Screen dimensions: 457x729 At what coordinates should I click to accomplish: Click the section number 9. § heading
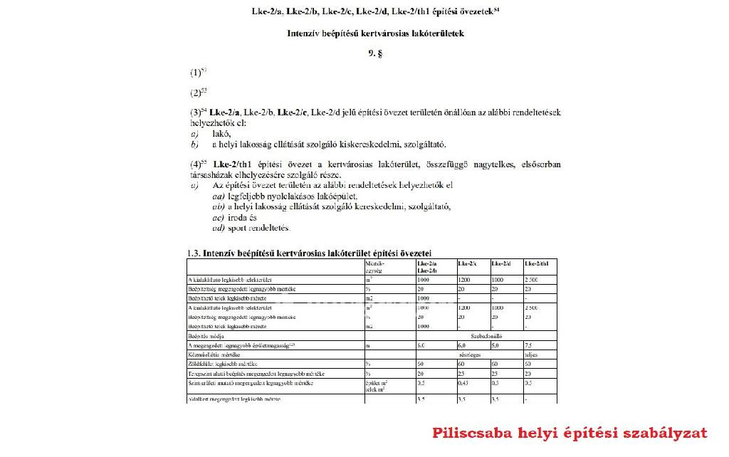point(375,53)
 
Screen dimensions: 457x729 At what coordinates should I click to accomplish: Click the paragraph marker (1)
point(196,73)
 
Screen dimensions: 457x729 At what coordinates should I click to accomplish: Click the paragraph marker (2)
point(197,93)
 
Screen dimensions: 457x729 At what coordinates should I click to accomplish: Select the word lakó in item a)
point(221,133)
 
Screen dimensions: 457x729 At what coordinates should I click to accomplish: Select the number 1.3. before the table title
point(194,253)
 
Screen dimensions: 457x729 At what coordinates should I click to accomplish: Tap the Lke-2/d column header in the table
point(502,263)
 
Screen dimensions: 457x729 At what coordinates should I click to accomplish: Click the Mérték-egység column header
point(374,266)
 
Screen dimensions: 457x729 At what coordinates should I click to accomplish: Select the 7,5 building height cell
point(529,344)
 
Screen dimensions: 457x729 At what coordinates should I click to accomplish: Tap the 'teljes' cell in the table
point(530,354)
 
